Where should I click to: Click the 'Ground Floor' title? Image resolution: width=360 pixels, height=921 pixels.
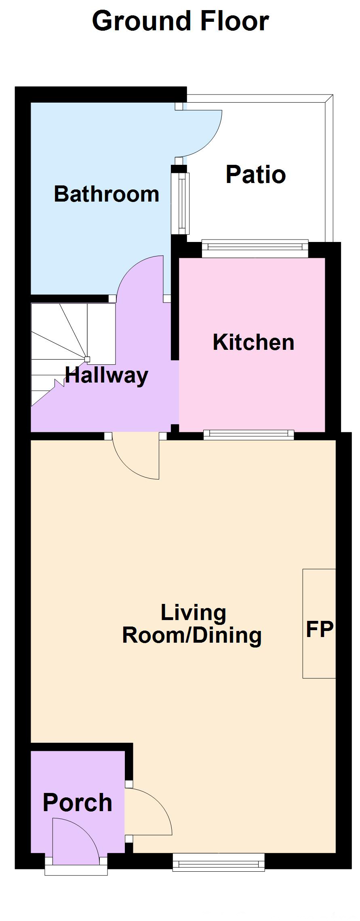click(180, 21)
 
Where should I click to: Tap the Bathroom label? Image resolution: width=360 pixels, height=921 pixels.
click(106, 194)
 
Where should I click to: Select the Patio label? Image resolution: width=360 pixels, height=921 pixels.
click(256, 175)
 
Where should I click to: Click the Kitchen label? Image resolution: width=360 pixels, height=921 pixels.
click(253, 342)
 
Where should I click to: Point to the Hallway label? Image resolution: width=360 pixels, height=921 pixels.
click(107, 376)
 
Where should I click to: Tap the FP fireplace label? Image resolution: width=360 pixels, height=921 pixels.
click(320, 629)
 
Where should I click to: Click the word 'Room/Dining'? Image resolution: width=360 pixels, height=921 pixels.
click(192, 635)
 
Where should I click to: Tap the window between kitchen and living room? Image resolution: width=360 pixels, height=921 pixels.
click(249, 435)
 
